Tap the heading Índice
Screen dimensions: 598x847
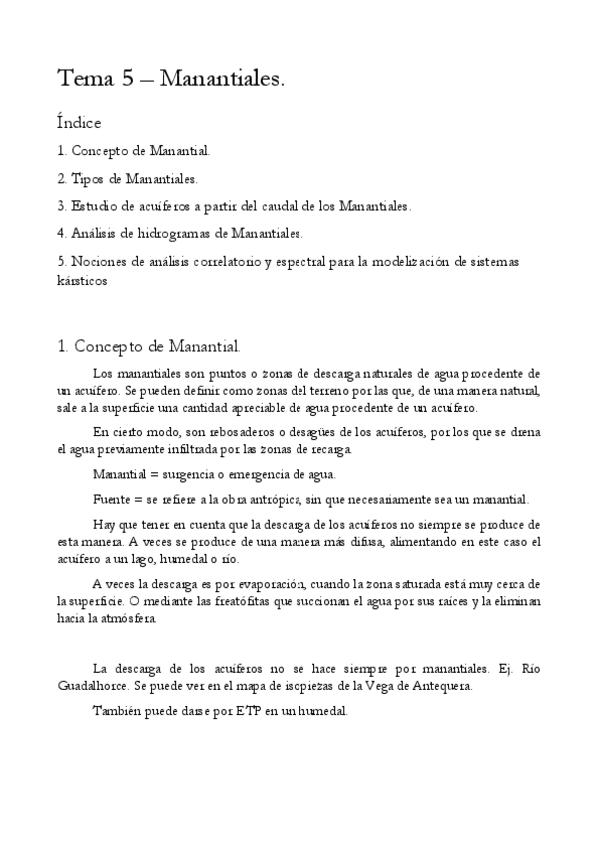pos(79,123)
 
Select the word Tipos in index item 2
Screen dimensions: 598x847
pos(88,179)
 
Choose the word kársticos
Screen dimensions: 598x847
pos(82,281)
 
